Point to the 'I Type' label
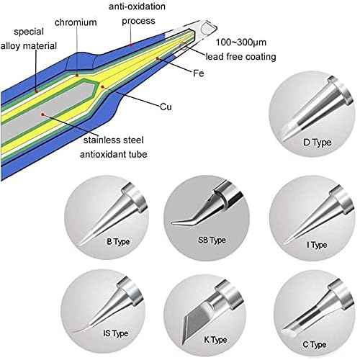pos(317,244)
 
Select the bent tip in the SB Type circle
pos(194,213)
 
